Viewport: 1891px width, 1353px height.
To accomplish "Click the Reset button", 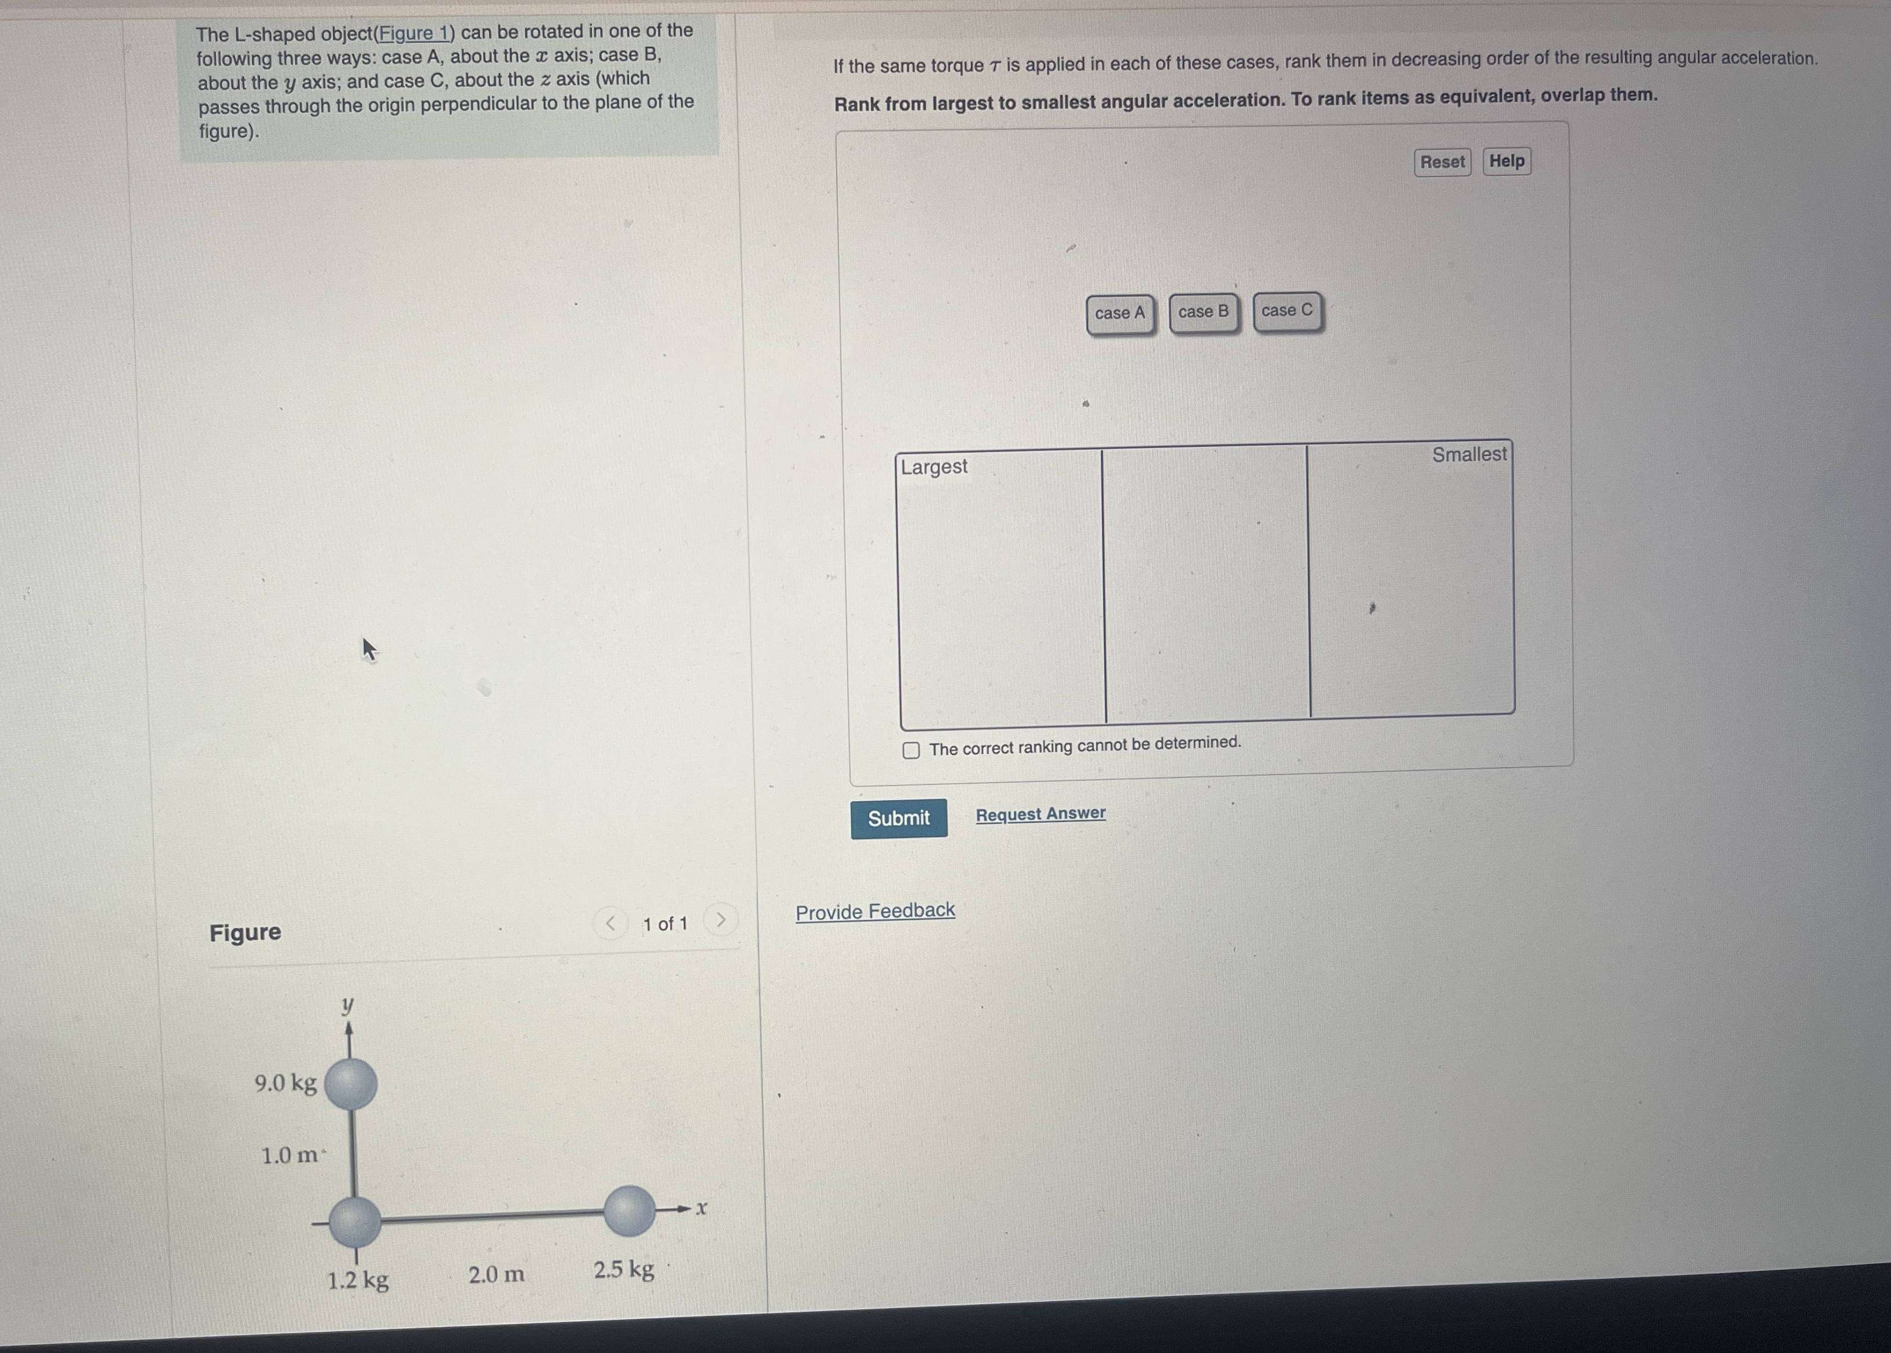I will point(1442,161).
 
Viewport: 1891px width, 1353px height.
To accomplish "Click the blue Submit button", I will point(899,818).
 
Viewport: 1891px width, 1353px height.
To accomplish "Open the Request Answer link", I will point(1040,813).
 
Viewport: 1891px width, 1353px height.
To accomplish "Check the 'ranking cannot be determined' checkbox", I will point(912,750).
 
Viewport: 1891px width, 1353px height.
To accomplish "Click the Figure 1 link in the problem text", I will point(413,34).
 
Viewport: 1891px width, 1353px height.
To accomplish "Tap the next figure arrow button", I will point(721,920).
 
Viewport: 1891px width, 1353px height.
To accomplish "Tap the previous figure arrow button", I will point(610,923).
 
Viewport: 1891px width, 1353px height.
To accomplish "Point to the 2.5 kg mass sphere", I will point(628,1211).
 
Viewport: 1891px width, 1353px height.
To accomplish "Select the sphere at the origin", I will point(355,1222).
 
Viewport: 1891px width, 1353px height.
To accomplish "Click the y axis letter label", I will point(348,1005).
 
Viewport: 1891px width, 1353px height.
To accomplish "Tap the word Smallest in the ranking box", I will point(1469,454).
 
